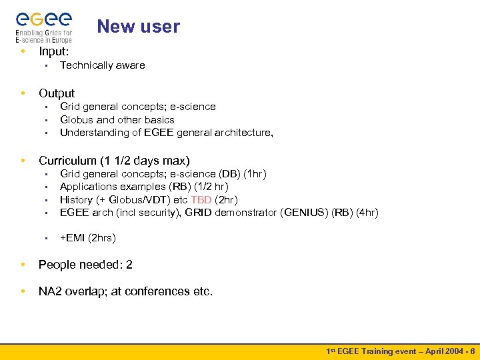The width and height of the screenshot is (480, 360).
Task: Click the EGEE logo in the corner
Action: [x=44, y=25]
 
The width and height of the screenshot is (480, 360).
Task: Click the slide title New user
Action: [x=138, y=27]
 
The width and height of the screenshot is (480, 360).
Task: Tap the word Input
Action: [x=53, y=51]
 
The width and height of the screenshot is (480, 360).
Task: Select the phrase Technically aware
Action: [x=102, y=65]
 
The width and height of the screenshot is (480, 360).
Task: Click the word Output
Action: [x=57, y=93]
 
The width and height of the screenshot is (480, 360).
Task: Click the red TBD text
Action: [x=201, y=200]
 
